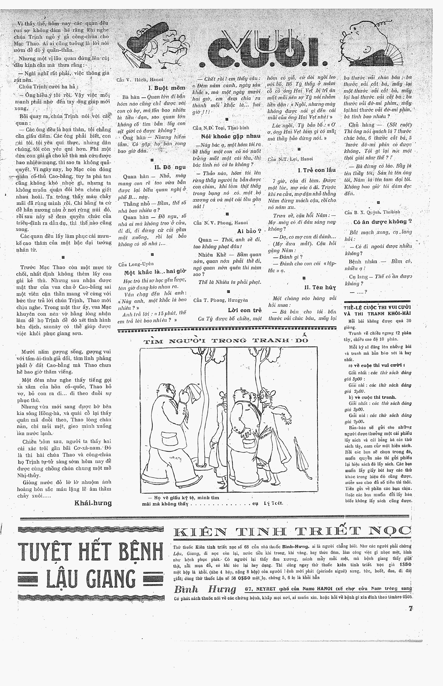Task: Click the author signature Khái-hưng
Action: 93,503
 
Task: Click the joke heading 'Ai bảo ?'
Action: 249,231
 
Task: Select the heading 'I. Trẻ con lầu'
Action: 317,170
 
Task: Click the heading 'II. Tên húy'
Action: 320,287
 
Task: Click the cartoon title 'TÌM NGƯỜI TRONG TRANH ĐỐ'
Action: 226,341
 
